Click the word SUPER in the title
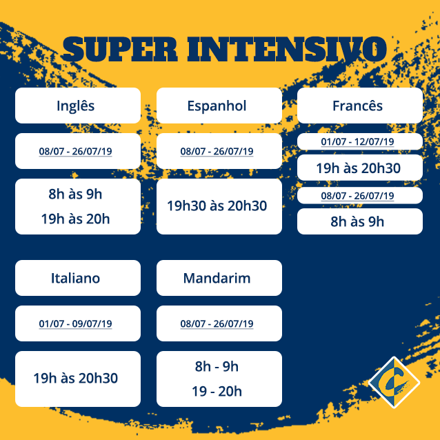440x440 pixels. [120, 49]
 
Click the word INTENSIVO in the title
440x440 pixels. [287, 49]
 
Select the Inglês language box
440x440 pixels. [78, 106]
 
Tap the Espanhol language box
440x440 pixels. [219, 106]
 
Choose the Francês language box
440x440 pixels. [360, 106]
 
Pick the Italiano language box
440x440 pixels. [78, 278]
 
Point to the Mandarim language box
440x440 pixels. [219, 278]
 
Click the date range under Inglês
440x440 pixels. [75, 151]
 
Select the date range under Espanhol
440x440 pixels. [217, 151]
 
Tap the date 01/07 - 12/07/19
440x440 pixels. [357, 141]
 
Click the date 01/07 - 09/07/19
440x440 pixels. [75, 323]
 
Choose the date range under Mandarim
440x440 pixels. [217, 323]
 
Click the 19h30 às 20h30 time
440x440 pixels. [217, 206]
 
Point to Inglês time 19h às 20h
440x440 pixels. [75, 219]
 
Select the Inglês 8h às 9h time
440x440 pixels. [75, 194]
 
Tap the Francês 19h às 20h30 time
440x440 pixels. [359, 168]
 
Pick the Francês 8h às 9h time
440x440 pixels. [357, 221]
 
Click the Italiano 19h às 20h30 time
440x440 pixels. [75, 378]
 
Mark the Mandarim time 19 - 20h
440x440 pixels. [217, 391]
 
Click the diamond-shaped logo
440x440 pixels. [394, 382]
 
